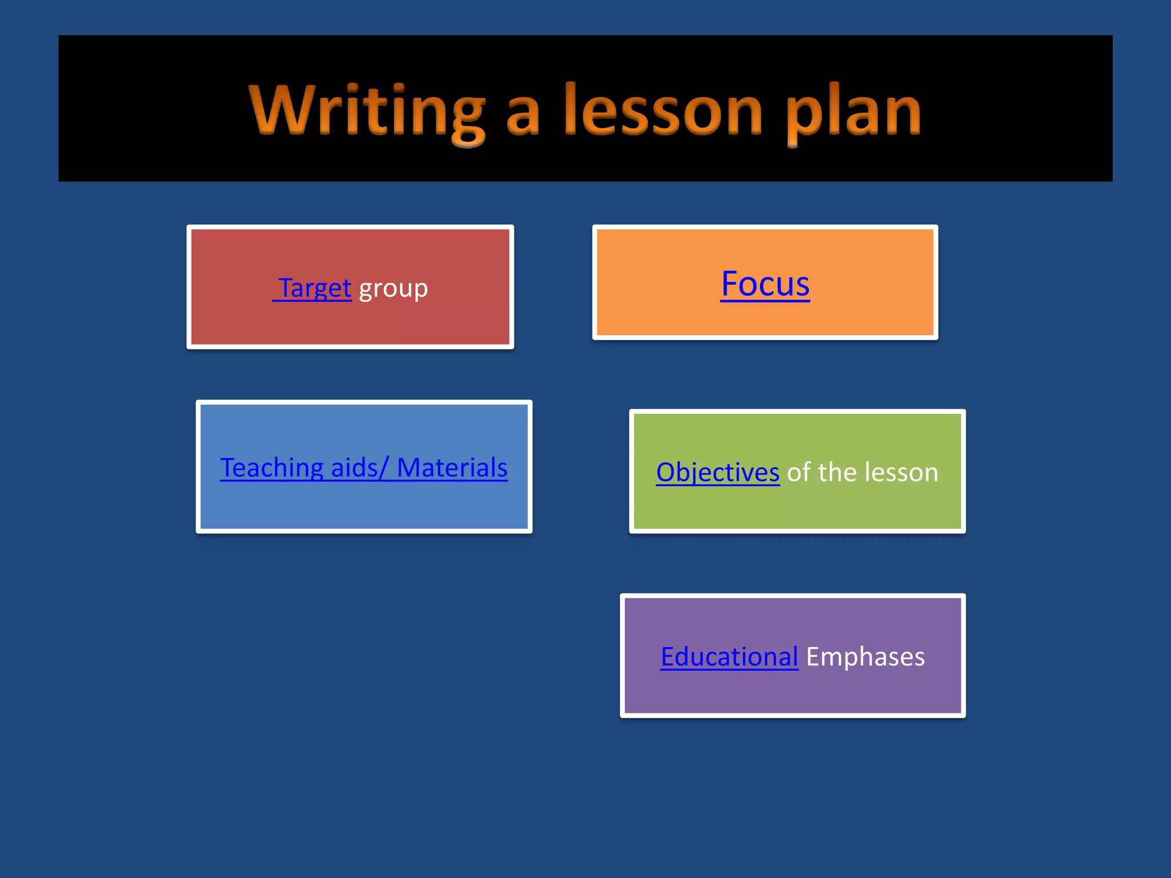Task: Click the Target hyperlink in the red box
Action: pos(314,288)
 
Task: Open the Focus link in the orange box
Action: pos(765,284)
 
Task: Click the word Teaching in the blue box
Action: pos(272,468)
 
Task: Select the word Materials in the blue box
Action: pos(452,468)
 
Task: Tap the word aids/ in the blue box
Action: pos(360,468)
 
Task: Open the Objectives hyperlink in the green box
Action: pos(718,473)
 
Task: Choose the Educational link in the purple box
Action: pos(729,657)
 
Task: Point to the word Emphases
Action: pos(865,657)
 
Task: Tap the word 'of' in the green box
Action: pos(799,472)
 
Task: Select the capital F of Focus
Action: pos(730,284)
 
